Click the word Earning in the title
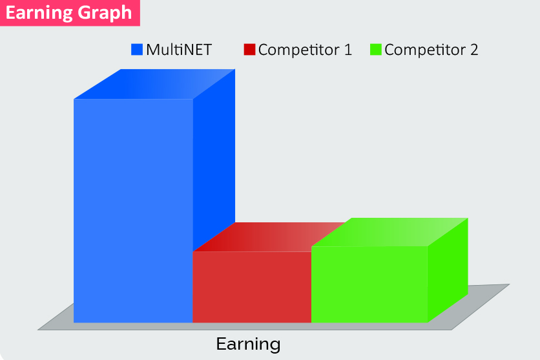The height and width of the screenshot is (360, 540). point(38,13)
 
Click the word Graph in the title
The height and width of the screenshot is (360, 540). point(105,14)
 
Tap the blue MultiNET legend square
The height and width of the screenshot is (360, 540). point(137,49)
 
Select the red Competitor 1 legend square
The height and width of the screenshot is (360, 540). point(249,49)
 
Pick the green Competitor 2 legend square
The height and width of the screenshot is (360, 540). point(376,49)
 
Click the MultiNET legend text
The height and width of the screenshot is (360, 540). point(179,50)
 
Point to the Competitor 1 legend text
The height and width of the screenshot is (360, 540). point(305,50)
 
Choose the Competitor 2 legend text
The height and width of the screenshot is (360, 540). point(431,50)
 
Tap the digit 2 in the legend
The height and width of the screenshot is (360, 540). point(474,50)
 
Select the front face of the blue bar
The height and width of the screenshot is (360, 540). point(133,211)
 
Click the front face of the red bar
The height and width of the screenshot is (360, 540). point(252,287)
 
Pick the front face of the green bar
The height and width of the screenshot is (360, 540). point(369,284)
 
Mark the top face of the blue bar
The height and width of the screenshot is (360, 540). point(154,84)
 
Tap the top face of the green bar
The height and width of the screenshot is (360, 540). point(390,232)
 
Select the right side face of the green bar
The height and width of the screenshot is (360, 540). point(448,270)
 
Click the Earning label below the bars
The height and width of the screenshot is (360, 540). point(248,344)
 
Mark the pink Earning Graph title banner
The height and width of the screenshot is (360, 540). point(70,13)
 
